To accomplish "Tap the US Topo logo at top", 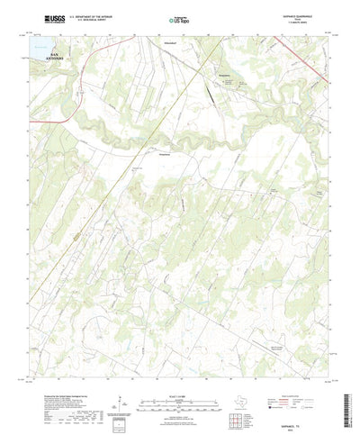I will (176, 18).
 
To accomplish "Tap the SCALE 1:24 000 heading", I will (181, 367).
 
